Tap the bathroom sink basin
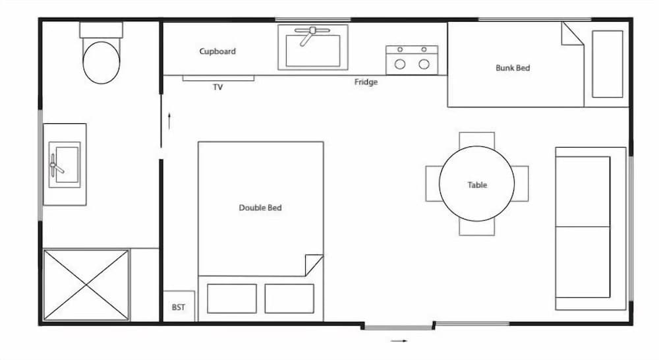click(65, 164)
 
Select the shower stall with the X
click(86, 285)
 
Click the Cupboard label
click(217, 51)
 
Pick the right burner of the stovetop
click(424, 64)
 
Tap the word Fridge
click(366, 82)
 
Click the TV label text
click(217, 87)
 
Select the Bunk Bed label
click(512, 68)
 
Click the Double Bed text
click(260, 208)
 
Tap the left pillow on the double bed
click(231, 299)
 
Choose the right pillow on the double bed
click(289, 299)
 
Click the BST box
click(179, 307)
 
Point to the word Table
click(477, 185)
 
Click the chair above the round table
click(476, 139)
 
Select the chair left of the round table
click(432, 183)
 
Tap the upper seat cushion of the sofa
click(583, 191)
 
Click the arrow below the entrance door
click(399, 341)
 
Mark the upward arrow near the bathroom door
click(170, 121)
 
